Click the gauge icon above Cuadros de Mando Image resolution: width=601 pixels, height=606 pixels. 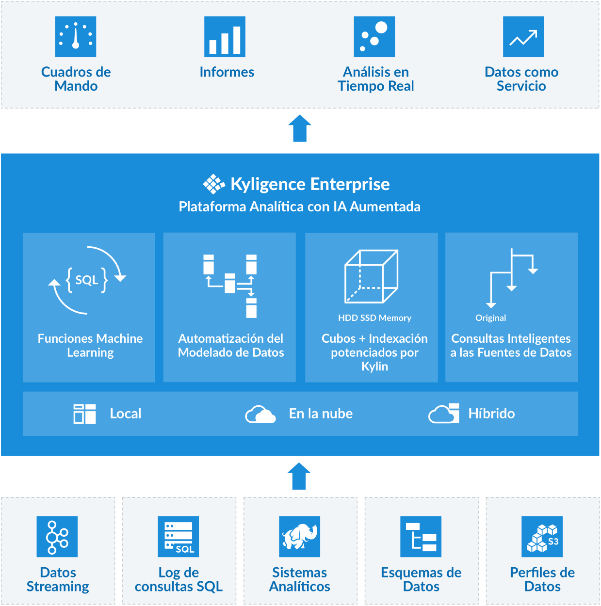[76, 37]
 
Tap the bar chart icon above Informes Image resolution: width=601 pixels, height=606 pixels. [225, 37]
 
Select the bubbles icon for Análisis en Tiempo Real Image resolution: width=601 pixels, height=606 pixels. [374, 37]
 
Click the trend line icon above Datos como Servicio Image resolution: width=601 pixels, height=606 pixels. [523, 37]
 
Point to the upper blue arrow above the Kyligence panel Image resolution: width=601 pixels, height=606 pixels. [300, 128]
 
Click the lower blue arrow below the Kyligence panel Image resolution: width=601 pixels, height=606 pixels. [299, 476]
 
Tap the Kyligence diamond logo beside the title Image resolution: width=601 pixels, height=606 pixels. [213, 184]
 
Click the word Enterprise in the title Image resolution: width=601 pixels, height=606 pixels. [350, 184]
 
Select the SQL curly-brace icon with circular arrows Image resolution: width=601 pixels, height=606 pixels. [87, 280]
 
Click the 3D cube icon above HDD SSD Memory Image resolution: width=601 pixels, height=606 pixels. [371, 276]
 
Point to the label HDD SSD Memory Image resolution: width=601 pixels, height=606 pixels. [374, 318]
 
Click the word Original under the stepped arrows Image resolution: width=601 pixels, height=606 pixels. [490, 318]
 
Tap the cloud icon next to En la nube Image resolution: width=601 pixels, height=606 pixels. [260, 415]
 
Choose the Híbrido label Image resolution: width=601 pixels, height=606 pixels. [491, 414]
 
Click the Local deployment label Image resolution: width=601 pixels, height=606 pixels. [126, 414]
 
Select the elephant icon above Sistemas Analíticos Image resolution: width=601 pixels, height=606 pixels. [300, 537]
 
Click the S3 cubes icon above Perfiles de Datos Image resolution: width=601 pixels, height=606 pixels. [542, 537]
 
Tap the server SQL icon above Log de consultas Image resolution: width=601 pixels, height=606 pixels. [179, 537]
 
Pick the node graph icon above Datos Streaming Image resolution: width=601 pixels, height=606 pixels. [57, 537]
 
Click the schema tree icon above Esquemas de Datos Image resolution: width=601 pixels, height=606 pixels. [421, 537]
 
